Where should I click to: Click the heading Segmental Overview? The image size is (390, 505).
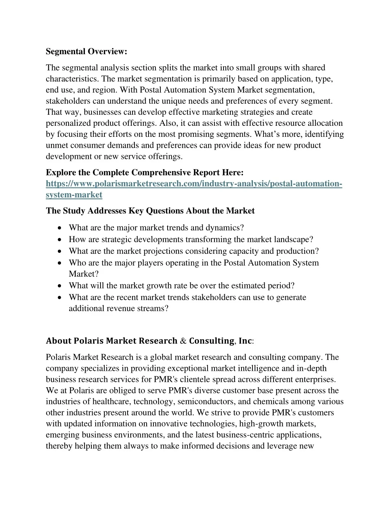(x=86, y=51)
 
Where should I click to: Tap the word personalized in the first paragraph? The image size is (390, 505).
(x=67, y=123)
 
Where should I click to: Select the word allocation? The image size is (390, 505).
(x=325, y=123)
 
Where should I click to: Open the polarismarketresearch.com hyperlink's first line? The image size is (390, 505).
(x=194, y=184)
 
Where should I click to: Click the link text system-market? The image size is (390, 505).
(x=74, y=195)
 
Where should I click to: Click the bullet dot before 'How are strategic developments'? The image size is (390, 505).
(x=61, y=240)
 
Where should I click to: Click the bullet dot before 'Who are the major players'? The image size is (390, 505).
(x=61, y=263)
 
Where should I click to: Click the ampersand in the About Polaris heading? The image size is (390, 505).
(x=183, y=341)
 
